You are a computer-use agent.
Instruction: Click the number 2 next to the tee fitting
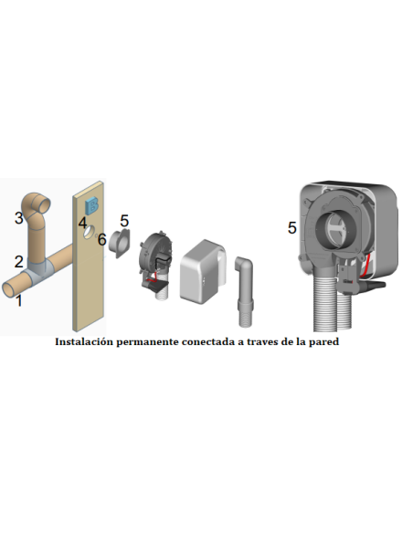click(17, 262)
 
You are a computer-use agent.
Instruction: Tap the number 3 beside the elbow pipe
click(17, 217)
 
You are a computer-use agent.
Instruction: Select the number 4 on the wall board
click(81, 223)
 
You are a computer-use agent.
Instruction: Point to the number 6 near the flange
click(102, 240)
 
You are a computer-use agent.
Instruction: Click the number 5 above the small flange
click(125, 220)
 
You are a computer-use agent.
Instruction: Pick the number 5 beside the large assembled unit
click(292, 227)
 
